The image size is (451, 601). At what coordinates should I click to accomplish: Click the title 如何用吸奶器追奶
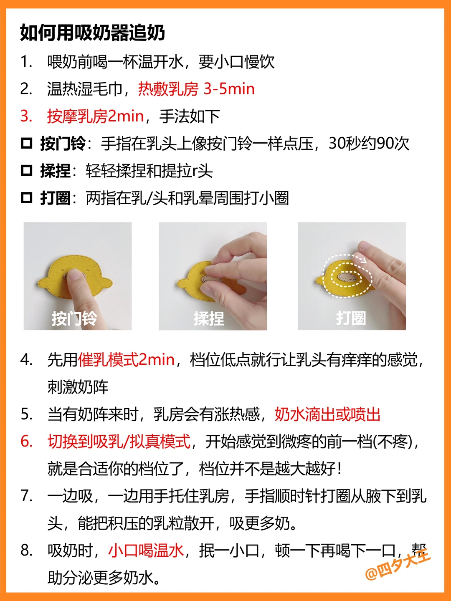(x=93, y=33)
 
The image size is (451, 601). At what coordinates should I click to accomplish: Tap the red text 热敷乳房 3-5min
(x=196, y=89)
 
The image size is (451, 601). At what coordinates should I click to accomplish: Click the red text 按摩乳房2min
(x=96, y=116)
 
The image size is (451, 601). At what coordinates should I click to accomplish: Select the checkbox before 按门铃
(x=27, y=144)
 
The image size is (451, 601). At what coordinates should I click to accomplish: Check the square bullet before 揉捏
(x=27, y=171)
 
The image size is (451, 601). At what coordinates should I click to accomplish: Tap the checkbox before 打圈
(x=27, y=198)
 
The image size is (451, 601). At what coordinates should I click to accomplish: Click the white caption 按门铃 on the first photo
(x=74, y=318)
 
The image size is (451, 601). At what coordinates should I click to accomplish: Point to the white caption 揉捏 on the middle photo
(x=209, y=318)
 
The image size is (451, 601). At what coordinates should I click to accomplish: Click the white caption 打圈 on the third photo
(x=351, y=318)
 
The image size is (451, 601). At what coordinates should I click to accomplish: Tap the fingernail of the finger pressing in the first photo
(x=73, y=274)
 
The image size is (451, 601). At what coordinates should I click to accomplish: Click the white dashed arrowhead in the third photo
(x=363, y=259)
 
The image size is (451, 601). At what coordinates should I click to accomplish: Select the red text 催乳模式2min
(x=126, y=359)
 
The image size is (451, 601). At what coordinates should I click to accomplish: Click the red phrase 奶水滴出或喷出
(x=327, y=414)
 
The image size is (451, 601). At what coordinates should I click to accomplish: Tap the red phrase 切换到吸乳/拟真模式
(x=119, y=442)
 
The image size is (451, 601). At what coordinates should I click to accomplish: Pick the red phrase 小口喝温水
(x=146, y=550)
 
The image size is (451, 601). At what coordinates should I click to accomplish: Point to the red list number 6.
(x=27, y=442)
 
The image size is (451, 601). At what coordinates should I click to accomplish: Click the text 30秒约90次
(x=369, y=144)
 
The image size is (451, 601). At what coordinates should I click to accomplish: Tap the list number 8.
(x=27, y=550)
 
